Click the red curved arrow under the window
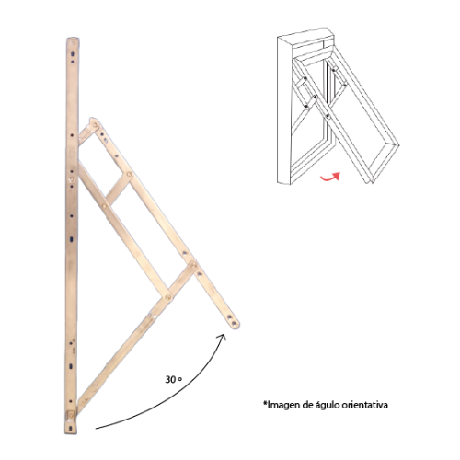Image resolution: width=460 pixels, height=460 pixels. click(x=329, y=178)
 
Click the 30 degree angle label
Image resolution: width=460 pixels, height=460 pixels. click(x=174, y=379)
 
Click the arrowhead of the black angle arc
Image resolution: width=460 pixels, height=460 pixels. click(x=223, y=337)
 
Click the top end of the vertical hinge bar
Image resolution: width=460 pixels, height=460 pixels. click(x=73, y=40)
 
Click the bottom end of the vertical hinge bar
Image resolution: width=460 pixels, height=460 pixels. click(x=71, y=431)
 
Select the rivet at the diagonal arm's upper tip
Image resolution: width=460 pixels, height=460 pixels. click(x=95, y=124)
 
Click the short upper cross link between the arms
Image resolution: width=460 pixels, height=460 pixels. click(x=118, y=189)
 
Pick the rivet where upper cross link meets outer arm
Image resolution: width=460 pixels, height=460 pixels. click(x=130, y=174)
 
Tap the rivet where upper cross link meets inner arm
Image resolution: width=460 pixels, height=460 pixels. click(x=105, y=206)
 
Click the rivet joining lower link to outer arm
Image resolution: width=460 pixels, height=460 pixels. click(x=193, y=265)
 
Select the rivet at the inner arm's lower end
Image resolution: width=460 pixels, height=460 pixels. click(x=168, y=297)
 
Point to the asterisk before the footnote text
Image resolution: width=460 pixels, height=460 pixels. click(x=265, y=404)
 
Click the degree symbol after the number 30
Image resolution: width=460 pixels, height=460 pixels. click(x=180, y=379)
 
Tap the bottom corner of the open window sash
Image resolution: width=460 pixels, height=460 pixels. click(x=370, y=183)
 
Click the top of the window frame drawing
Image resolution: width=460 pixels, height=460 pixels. click(x=305, y=35)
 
